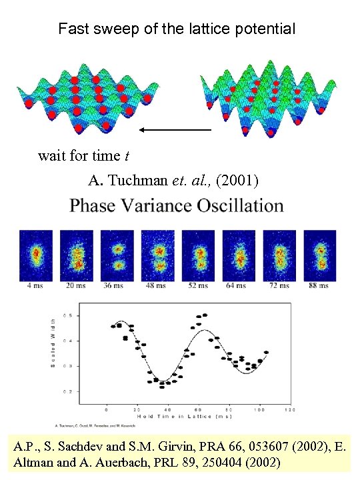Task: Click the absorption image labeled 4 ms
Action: [x=36, y=255]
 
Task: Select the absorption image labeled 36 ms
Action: [x=117, y=255]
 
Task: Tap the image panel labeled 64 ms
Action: [x=239, y=255]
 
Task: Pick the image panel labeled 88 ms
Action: [x=319, y=255]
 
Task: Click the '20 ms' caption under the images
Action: [x=76, y=286]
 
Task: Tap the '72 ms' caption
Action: [x=279, y=286]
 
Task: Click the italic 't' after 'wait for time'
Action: [x=126, y=157]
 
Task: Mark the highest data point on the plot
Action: [x=204, y=315]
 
